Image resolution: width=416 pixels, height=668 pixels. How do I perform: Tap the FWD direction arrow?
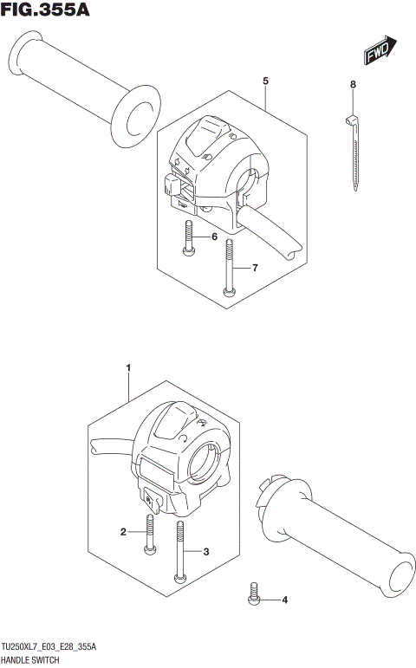(x=380, y=51)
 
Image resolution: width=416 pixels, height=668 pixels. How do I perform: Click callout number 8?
(x=353, y=84)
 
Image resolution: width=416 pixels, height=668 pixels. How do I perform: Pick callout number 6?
(x=214, y=237)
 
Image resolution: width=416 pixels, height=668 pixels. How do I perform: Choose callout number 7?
(x=256, y=269)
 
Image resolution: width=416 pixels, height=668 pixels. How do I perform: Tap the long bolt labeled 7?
(x=229, y=269)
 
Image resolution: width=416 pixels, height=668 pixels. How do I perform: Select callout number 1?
(x=128, y=369)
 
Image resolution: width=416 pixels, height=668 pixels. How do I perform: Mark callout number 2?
(x=123, y=532)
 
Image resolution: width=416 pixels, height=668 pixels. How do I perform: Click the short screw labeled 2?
(x=149, y=534)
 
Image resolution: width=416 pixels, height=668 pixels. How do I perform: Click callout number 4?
(x=284, y=600)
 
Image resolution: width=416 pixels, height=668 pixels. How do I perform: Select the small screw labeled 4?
(x=255, y=593)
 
